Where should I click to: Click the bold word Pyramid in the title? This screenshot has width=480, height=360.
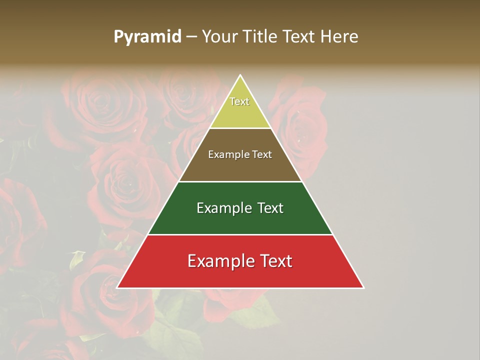tap(147, 37)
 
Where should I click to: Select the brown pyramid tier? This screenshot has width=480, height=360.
tap(240, 167)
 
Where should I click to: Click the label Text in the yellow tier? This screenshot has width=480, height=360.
tap(239, 101)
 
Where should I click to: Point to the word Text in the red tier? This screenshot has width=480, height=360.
tap(272, 261)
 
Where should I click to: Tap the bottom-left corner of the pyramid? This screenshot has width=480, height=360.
tap(117, 288)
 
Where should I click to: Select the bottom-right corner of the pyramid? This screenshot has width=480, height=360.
tap(363, 288)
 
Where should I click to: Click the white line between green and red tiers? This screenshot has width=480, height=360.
tap(240, 234)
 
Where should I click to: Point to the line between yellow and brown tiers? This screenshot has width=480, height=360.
tap(240, 128)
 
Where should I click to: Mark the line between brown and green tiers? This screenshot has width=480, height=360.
tap(240, 181)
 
